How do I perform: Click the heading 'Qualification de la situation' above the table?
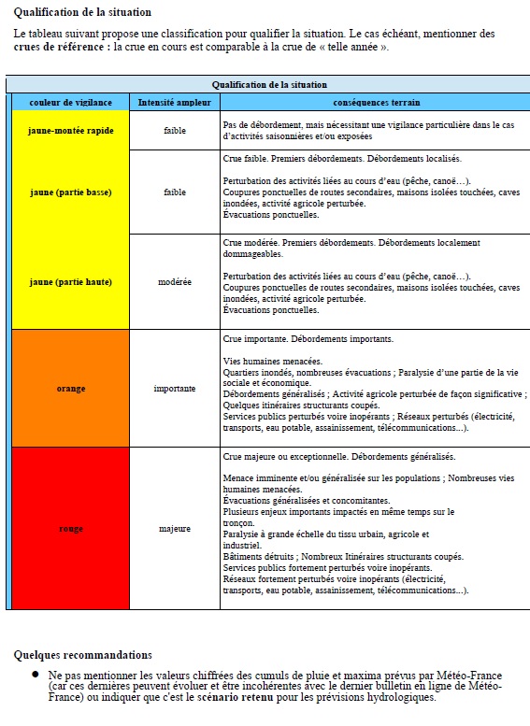pos(82,12)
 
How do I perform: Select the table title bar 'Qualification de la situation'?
pos(268,84)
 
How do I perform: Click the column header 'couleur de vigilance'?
pos(71,101)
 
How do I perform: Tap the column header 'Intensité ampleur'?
pos(174,101)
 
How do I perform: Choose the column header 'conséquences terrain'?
pos(376,101)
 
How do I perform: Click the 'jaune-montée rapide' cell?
pos(71,131)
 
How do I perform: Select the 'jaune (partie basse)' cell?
pos(71,192)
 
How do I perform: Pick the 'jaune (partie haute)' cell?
pos(71,281)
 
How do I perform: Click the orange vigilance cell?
pos(71,388)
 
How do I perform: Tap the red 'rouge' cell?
pos(71,529)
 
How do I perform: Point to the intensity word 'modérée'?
pos(174,281)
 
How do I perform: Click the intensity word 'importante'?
pos(174,388)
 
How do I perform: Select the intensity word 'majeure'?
pos(174,529)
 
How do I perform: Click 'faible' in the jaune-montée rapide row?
pos(174,131)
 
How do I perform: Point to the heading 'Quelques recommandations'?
pos(83,654)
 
